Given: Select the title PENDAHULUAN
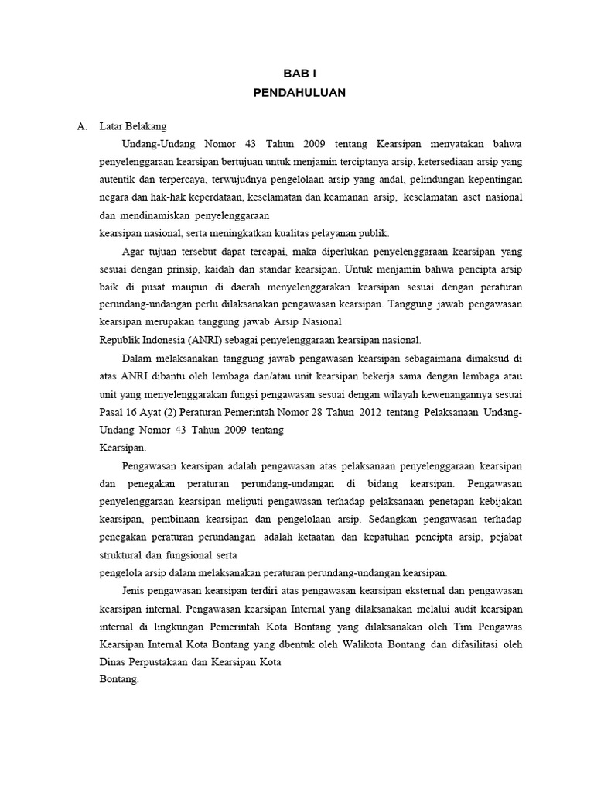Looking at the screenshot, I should click(299, 93).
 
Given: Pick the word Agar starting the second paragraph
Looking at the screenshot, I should click(133, 251).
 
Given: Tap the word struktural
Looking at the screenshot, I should click(123, 554).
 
